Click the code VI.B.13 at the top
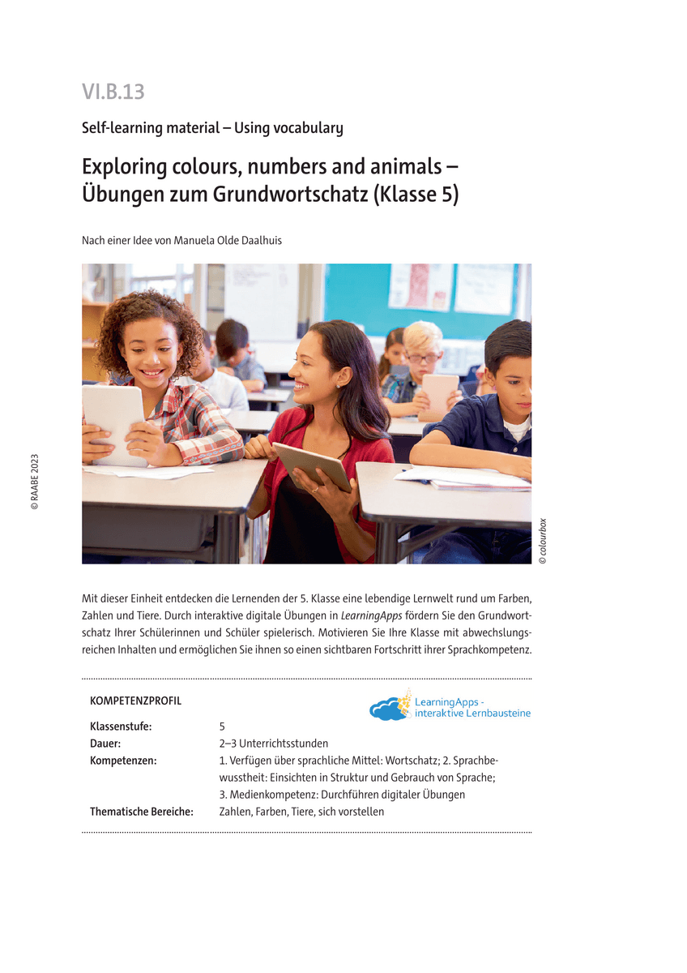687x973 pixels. click(113, 92)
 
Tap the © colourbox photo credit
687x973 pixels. click(543, 541)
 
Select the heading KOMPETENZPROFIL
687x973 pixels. click(135, 701)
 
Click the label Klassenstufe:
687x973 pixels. click(121, 727)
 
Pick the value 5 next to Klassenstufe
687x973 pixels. click(222, 727)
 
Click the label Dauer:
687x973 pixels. click(105, 744)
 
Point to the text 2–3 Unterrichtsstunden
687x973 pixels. click(273, 744)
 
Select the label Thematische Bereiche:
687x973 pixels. click(141, 812)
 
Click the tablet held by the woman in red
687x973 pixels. click(312, 465)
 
